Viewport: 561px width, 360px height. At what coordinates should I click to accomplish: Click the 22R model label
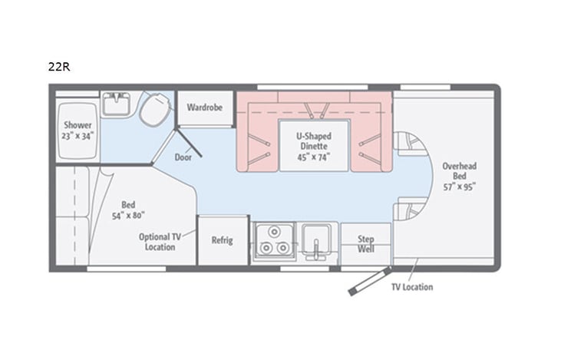pyautogui.click(x=59, y=66)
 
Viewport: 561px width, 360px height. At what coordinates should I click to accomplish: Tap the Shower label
pyautogui.click(x=78, y=125)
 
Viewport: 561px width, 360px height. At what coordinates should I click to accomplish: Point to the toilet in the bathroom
pyautogui.click(x=153, y=110)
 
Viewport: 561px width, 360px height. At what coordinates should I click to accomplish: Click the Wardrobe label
pyautogui.click(x=204, y=107)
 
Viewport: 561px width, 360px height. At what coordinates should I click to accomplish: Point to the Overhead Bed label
pyautogui.click(x=459, y=170)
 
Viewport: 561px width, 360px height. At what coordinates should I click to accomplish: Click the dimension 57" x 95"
pyautogui.click(x=459, y=187)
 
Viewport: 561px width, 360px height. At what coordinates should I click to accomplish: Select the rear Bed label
pyautogui.click(x=128, y=204)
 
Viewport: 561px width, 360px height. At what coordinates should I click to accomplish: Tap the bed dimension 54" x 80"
pyautogui.click(x=128, y=216)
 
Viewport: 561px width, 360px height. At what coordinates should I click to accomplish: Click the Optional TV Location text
pyautogui.click(x=160, y=242)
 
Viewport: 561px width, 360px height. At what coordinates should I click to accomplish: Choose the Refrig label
pyautogui.click(x=222, y=240)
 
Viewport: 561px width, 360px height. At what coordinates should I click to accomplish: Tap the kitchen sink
pyautogui.click(x=316, y=241)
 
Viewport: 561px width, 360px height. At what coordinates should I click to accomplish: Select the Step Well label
pyautogui.click(x=365, y=245)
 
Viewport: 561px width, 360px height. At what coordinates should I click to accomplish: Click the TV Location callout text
pyautogui.click(x=412, y=287)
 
